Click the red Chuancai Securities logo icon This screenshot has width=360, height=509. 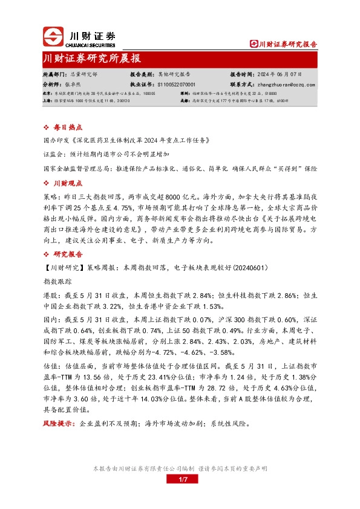pos(54,37)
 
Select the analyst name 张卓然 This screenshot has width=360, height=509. pos(73,85)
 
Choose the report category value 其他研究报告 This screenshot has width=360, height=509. pos(174,75)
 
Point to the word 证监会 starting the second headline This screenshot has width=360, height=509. pos(54,154)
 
